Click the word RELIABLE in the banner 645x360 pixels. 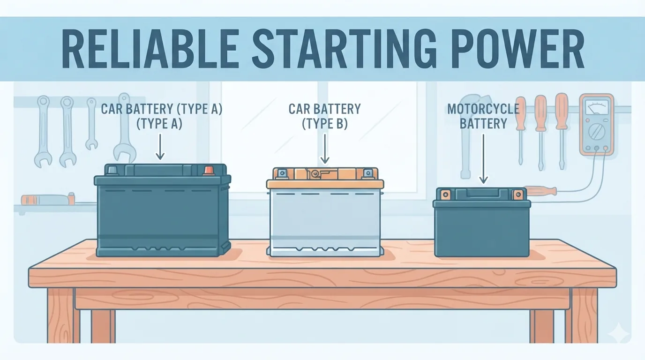coord(150,49)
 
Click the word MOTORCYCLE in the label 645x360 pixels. coord(483,109)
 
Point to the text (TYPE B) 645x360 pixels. coord(325,124)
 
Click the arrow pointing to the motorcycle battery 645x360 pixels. coord(483,158)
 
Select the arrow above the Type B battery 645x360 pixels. coord(325,149)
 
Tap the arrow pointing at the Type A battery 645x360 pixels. coord(160,146)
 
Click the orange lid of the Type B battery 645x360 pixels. coord(325,179)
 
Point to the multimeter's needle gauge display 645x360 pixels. coord(596,107)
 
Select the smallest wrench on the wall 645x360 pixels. coord(92,124)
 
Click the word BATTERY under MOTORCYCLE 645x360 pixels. coord(483,124)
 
